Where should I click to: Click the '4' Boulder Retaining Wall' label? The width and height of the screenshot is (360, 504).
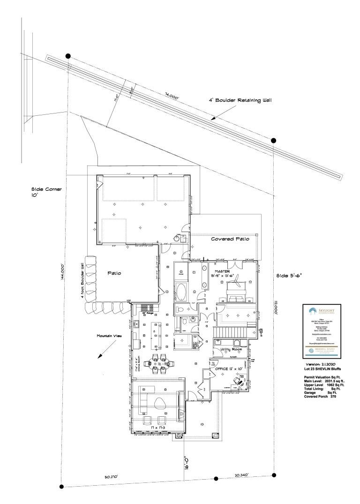(x=240, y=100)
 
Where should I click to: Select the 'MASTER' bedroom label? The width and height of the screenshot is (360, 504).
(x=223, y=271)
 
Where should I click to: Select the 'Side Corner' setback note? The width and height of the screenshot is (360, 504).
(x=46, y=190)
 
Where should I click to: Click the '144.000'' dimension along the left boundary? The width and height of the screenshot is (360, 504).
(x=62, y=279)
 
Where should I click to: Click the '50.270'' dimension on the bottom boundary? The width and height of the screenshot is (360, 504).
(x=111, y=476)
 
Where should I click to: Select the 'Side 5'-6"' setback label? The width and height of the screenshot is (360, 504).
(x=289, y=275)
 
